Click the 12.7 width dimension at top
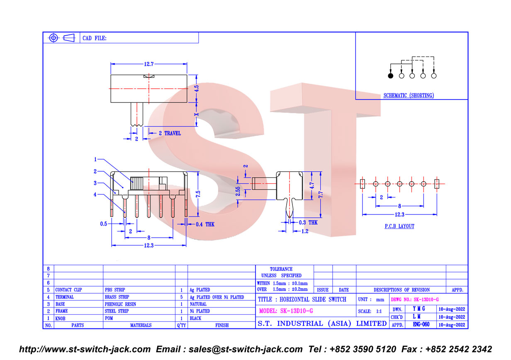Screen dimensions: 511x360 click(149, 64)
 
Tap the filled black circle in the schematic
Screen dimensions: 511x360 click(391, 76)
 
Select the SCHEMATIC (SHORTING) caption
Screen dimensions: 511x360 click(409, 95)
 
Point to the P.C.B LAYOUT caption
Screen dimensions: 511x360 click(399, 226)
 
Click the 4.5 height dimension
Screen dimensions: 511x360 click(197, 88)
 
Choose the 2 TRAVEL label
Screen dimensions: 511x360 click(170, 133)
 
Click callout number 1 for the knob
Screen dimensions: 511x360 click(95, 159)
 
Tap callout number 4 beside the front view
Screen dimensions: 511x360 click(95, 195)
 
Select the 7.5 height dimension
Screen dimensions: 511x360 click(198, 194)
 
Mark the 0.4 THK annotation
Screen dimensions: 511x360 click(205, 224)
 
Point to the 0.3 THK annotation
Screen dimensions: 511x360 click(308, 222)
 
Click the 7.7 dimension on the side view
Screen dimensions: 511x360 click(321, 195)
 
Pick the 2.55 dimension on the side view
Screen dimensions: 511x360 click(238, 192)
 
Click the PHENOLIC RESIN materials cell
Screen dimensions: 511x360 click(120, 304)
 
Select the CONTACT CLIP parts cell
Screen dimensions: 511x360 click(68, 290)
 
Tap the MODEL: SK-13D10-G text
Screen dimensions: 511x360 click(286, 311)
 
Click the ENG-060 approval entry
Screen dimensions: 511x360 click(421, 324)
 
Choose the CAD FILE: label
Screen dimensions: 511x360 click(95, 38)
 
